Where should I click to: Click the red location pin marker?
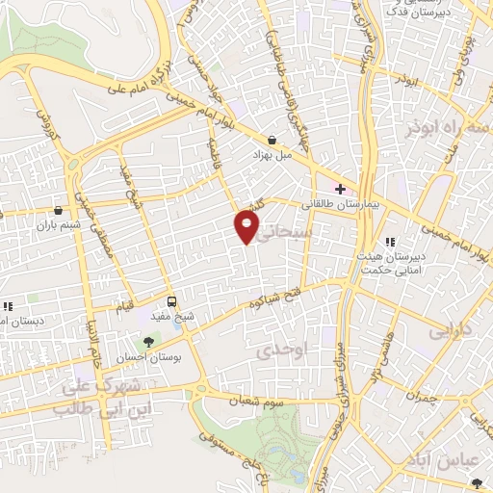pos(246,227)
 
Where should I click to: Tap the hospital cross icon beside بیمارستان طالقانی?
pos(340,188)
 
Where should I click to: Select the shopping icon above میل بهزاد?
pos(273,140)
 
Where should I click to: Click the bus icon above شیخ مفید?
pos(171,300)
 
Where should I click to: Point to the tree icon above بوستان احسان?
pos(148,342)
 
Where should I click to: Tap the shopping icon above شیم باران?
pos(60,210)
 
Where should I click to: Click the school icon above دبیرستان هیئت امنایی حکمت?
pos(390,243)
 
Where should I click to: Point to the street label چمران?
pos(422,396)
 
